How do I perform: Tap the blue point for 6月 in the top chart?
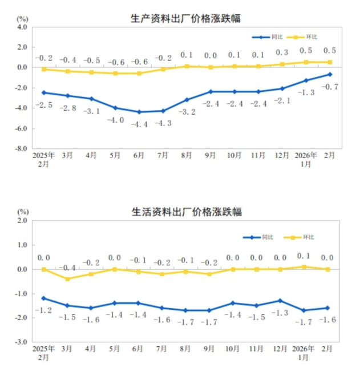tap(140, 112)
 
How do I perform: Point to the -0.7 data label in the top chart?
tap(330, 87)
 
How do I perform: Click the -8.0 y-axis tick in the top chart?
tap(21, 148)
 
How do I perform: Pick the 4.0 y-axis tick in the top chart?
tap(22, 27)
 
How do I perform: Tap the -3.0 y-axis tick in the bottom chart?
tap(21, 342)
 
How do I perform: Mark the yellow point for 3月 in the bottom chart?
tap(68, 279)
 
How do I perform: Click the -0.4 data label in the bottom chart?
tap(68, 268)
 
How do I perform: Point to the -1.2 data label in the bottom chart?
tap(44, 310)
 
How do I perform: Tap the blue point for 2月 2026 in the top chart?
tap(330, 74)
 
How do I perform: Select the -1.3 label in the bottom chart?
tap(280, 313)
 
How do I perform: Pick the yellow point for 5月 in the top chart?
tap(116, 74)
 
